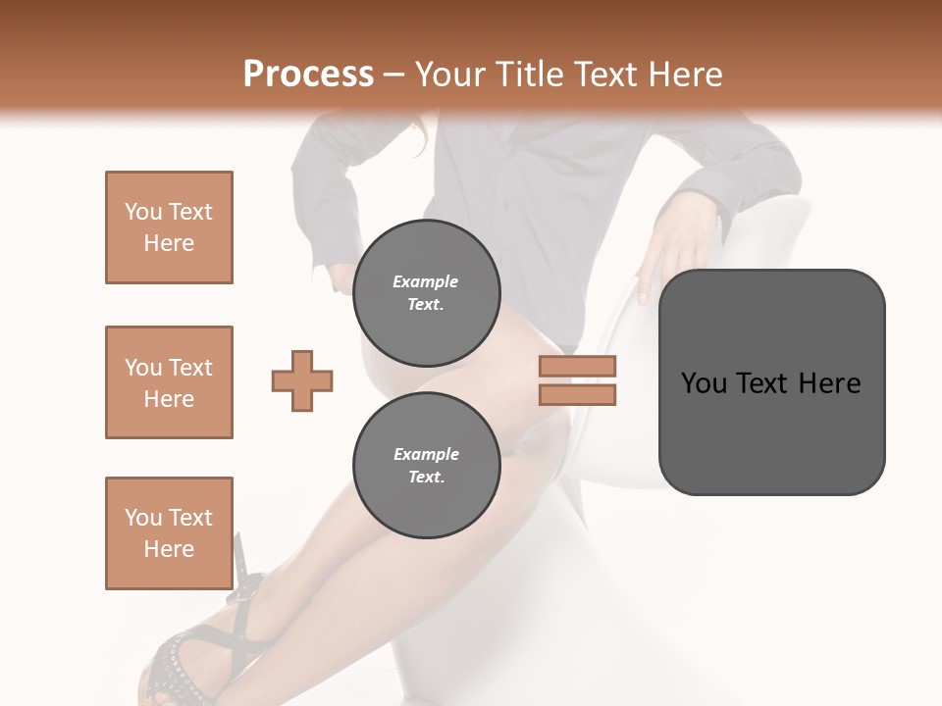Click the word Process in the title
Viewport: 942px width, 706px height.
click(x=308, y=74)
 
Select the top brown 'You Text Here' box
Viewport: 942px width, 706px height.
click(x=169, y=227)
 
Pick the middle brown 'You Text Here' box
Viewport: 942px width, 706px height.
click(x=169, y=382)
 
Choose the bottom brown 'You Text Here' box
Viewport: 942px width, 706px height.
click(x=169, y=532)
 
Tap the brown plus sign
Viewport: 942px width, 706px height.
click(x=302, y=380)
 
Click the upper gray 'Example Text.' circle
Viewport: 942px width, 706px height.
click(x=426, y=292)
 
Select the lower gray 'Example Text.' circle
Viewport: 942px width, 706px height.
click(x=426, y=465)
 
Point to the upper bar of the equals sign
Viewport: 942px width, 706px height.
click(x=577, y=367)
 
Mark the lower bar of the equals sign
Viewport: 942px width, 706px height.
click(x=577, y=394)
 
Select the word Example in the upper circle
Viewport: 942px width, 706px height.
click(x=426, y=281)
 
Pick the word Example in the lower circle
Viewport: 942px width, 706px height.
click(x=426, y=454)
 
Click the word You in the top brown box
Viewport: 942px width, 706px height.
click(x=142, y=212)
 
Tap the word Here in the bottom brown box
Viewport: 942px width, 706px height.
click(x=169, y=549)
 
